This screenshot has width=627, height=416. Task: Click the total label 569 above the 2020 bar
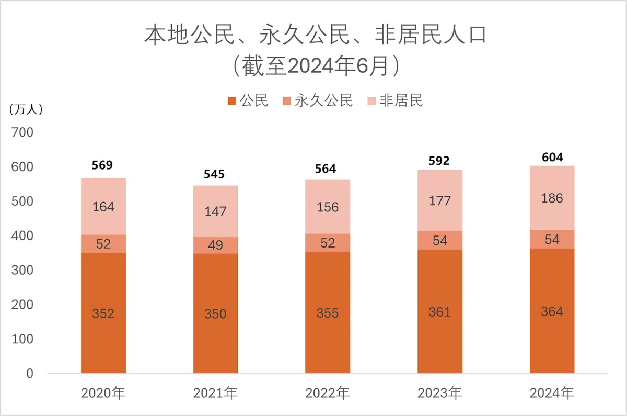103,165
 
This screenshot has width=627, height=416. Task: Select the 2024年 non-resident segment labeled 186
552,198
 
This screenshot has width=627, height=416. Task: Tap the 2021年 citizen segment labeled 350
215,313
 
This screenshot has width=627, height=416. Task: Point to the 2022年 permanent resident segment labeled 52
328,242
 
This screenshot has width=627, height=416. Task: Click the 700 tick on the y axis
22,132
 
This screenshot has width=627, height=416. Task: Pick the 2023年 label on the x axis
440,393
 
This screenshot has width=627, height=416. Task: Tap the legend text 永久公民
323,100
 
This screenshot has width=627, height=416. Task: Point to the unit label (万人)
26,109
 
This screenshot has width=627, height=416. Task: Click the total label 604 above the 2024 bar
552,157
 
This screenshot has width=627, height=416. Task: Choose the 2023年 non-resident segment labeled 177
440,201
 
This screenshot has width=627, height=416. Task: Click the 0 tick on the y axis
30,374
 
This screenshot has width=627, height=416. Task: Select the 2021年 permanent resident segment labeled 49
215,244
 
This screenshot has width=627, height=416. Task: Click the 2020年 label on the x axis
103,393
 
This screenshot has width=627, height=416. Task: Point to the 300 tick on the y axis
22,271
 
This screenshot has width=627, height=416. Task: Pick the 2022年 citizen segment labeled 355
328,313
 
